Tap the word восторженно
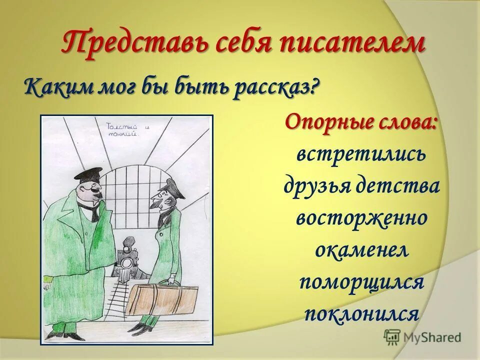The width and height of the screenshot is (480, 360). (361, 218)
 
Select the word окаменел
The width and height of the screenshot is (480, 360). (361, 250)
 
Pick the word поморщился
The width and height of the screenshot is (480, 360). (361, 282)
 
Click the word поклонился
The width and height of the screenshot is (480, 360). (361, 314)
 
